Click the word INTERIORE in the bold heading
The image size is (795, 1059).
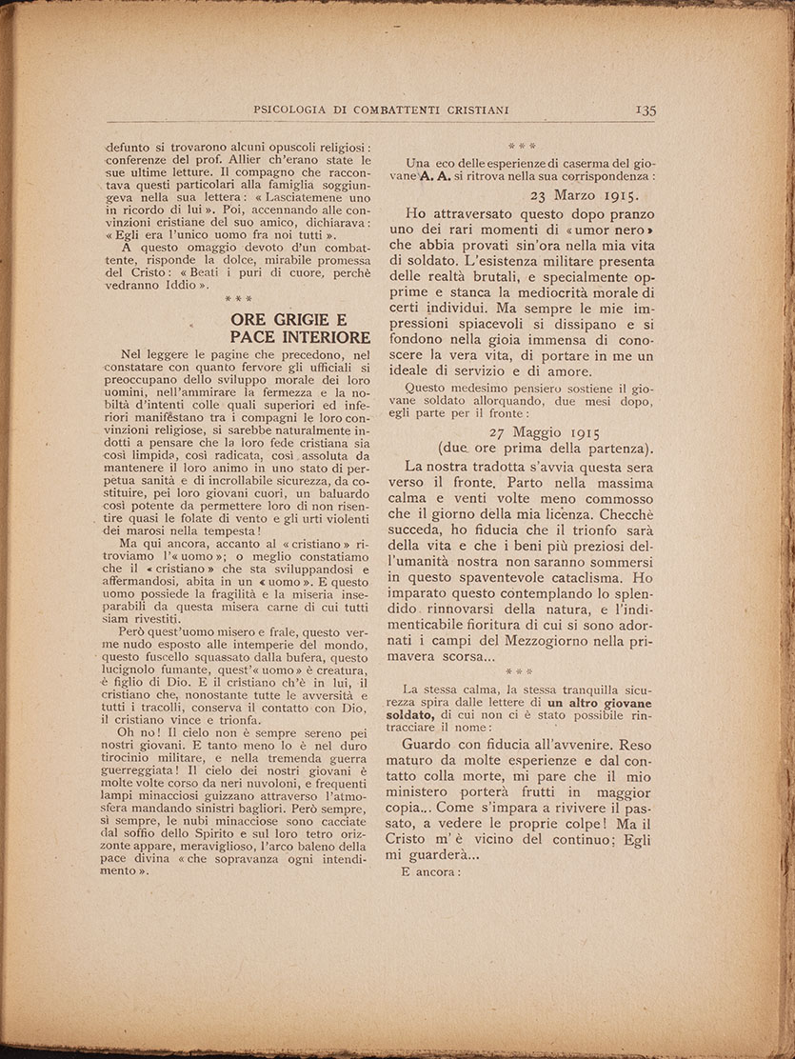(x=323, y=338)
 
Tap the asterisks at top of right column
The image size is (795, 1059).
(x=521, y=147)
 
